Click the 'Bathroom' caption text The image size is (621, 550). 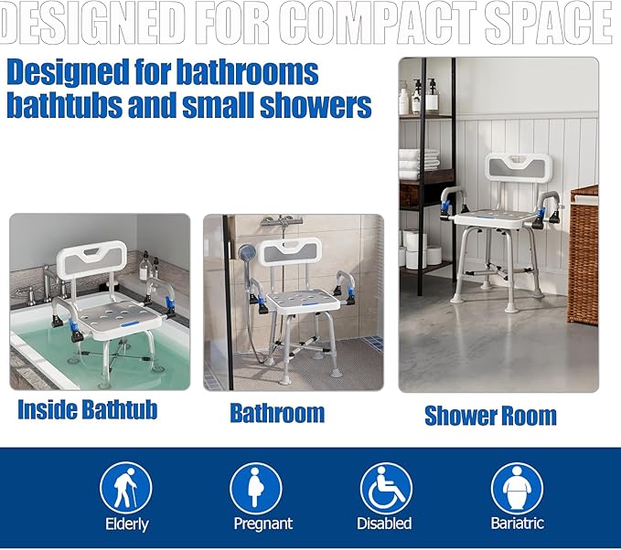click(x=277, y=413)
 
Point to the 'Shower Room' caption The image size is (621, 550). click(x=490, y=416)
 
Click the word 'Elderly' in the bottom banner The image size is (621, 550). click(x=125, y=524)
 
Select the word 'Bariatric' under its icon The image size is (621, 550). click(x=517, y=524)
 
